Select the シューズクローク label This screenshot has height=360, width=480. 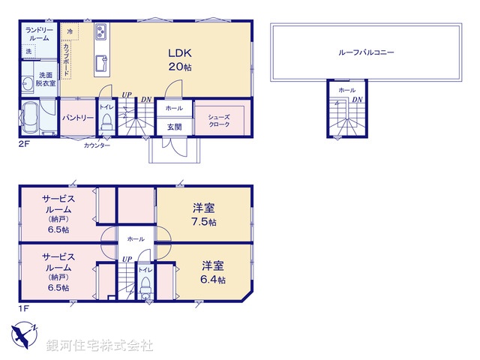click(219, 121)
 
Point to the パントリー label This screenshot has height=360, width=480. click(76, 118)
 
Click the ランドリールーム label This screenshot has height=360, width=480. click(39, 34)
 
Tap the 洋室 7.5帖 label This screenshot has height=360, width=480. click(201, 216)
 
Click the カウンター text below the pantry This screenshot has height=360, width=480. click(97, 145)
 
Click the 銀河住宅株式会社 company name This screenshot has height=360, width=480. click(100, 346)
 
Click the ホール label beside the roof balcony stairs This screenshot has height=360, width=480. click(346, 90)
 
